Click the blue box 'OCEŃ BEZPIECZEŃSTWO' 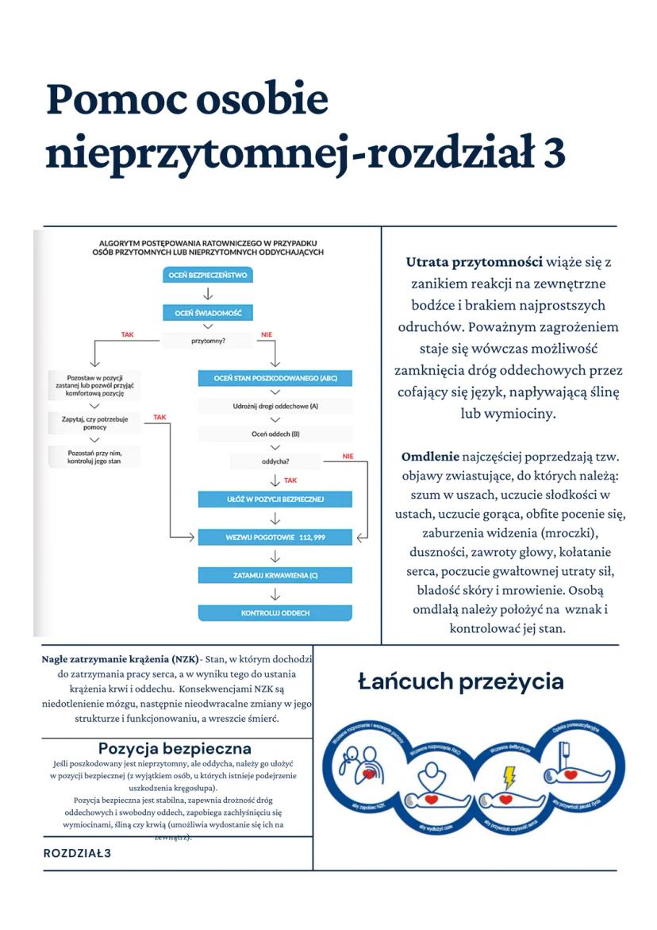[208, 276]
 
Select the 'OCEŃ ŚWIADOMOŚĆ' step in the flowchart [208, 314]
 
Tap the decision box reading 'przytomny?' [208, 341]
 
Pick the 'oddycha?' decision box [275, 461]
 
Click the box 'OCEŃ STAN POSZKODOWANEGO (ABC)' [275, 378]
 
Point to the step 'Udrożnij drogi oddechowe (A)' [275, 407]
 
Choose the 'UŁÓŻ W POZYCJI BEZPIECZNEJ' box [275, 500]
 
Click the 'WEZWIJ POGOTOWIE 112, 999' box [275, 538]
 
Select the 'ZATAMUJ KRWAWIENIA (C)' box [275, 575]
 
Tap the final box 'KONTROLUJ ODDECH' [275, 613]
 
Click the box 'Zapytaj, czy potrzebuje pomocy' [94, 423]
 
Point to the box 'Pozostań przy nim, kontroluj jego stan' [94, 456]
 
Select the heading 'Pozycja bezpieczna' [175, 748]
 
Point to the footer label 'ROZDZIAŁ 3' [77, 853]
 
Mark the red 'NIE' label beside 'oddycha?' [348, 456]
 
